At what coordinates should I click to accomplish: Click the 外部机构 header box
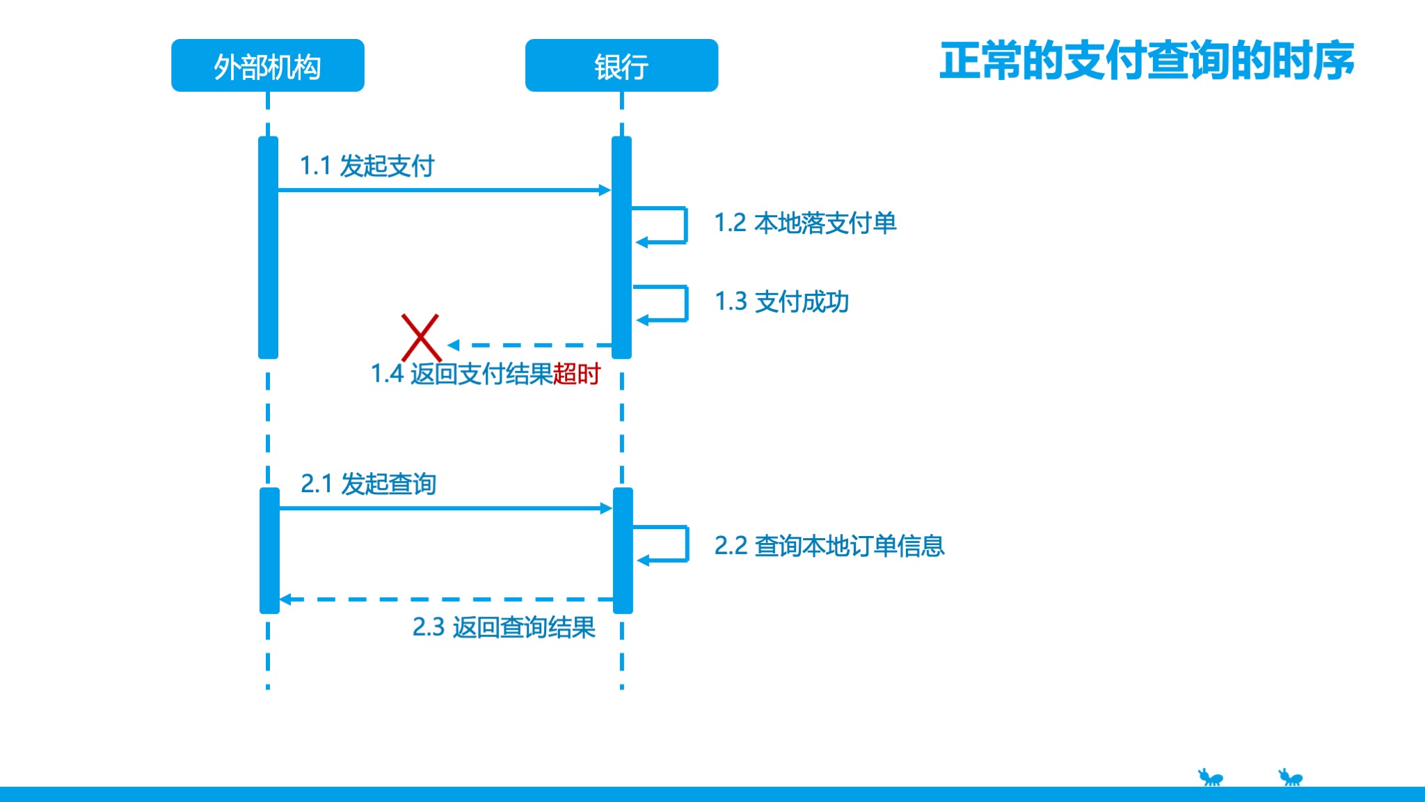[x=268, y=65]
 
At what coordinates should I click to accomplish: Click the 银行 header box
[x=621, y=65]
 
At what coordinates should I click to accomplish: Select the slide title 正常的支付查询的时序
[x=1147, y=61]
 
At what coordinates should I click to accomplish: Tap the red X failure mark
[x=421, y=337]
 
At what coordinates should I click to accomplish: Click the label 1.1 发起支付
[x=367, y=166]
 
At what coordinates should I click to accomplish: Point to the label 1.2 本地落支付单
[x=805, y=223]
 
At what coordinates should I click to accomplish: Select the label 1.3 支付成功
[x=781, y=302]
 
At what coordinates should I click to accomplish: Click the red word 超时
[x=577, y=375]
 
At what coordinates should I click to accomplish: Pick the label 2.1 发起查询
[x=368, y=484]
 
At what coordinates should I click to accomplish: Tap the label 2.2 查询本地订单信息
[x=829, y=546]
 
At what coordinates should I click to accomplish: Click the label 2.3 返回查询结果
[x=504, y=627]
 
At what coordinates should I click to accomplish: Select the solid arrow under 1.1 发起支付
[x=444, y=190]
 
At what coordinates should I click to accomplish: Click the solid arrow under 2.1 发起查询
[x=445, y=508]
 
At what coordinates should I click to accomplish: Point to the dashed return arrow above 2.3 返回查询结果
[x=445, y=599]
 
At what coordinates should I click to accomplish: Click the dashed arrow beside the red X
[x=529, y=345]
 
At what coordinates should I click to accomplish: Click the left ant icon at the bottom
[x=1210, y=777]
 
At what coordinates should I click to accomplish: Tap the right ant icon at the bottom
[x=1291, y=777]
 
